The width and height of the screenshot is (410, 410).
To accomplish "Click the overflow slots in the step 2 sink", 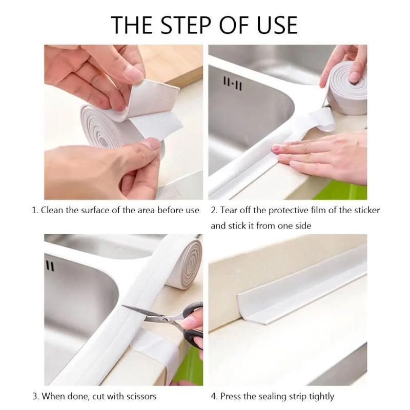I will [232, 84].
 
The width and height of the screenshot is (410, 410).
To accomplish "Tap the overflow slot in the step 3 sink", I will [50, 265].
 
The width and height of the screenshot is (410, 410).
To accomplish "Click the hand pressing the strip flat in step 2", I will [328, 156].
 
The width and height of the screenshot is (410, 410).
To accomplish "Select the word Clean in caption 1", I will [52, 210].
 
